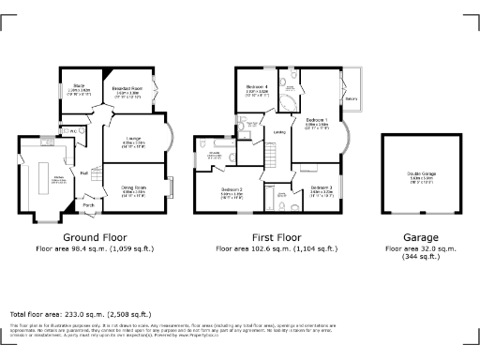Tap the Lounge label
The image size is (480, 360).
click(x=133, y=139)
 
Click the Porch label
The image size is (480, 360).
click(x=89, y=205)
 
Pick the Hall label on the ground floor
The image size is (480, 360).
click(x=83, y=172)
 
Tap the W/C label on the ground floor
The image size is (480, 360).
click(x=71, y=130)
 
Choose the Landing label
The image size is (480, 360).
click(x=278, y=132)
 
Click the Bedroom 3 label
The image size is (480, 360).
click(x=321, y=188)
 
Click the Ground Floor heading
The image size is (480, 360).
click(x=94, y=238)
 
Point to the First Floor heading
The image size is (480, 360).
click(x=277, y=238)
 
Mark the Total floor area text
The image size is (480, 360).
click(x=80, y=314)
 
